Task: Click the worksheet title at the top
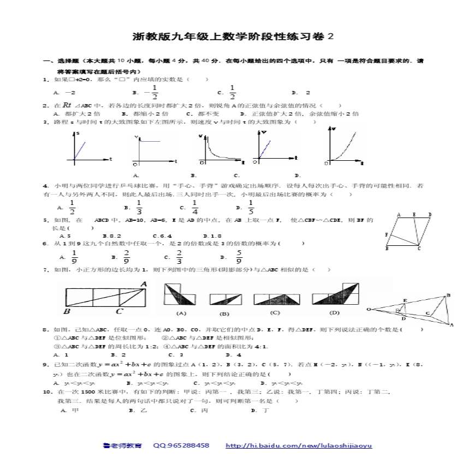coord(233,37)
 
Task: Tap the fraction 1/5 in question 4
coord(251,207)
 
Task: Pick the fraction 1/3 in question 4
coord(139,207)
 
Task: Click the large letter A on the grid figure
coord(144,284)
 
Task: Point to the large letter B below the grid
coord(67,311)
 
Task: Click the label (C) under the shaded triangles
coord(275,312)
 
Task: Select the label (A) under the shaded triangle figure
coord(181,313)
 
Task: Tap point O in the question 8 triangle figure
coord(369,309)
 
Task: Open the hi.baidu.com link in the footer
coord(299,445)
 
